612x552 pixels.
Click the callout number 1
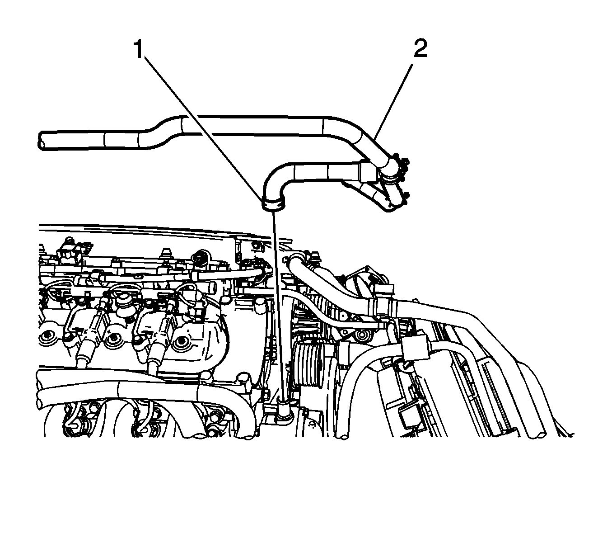pos(140,49)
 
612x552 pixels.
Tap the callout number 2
pos(420,48)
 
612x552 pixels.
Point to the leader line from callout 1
pos(203,128)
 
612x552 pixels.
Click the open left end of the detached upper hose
pos(41,141)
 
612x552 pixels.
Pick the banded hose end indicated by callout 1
pos(273,204)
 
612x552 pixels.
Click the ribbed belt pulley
pos(308,364)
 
